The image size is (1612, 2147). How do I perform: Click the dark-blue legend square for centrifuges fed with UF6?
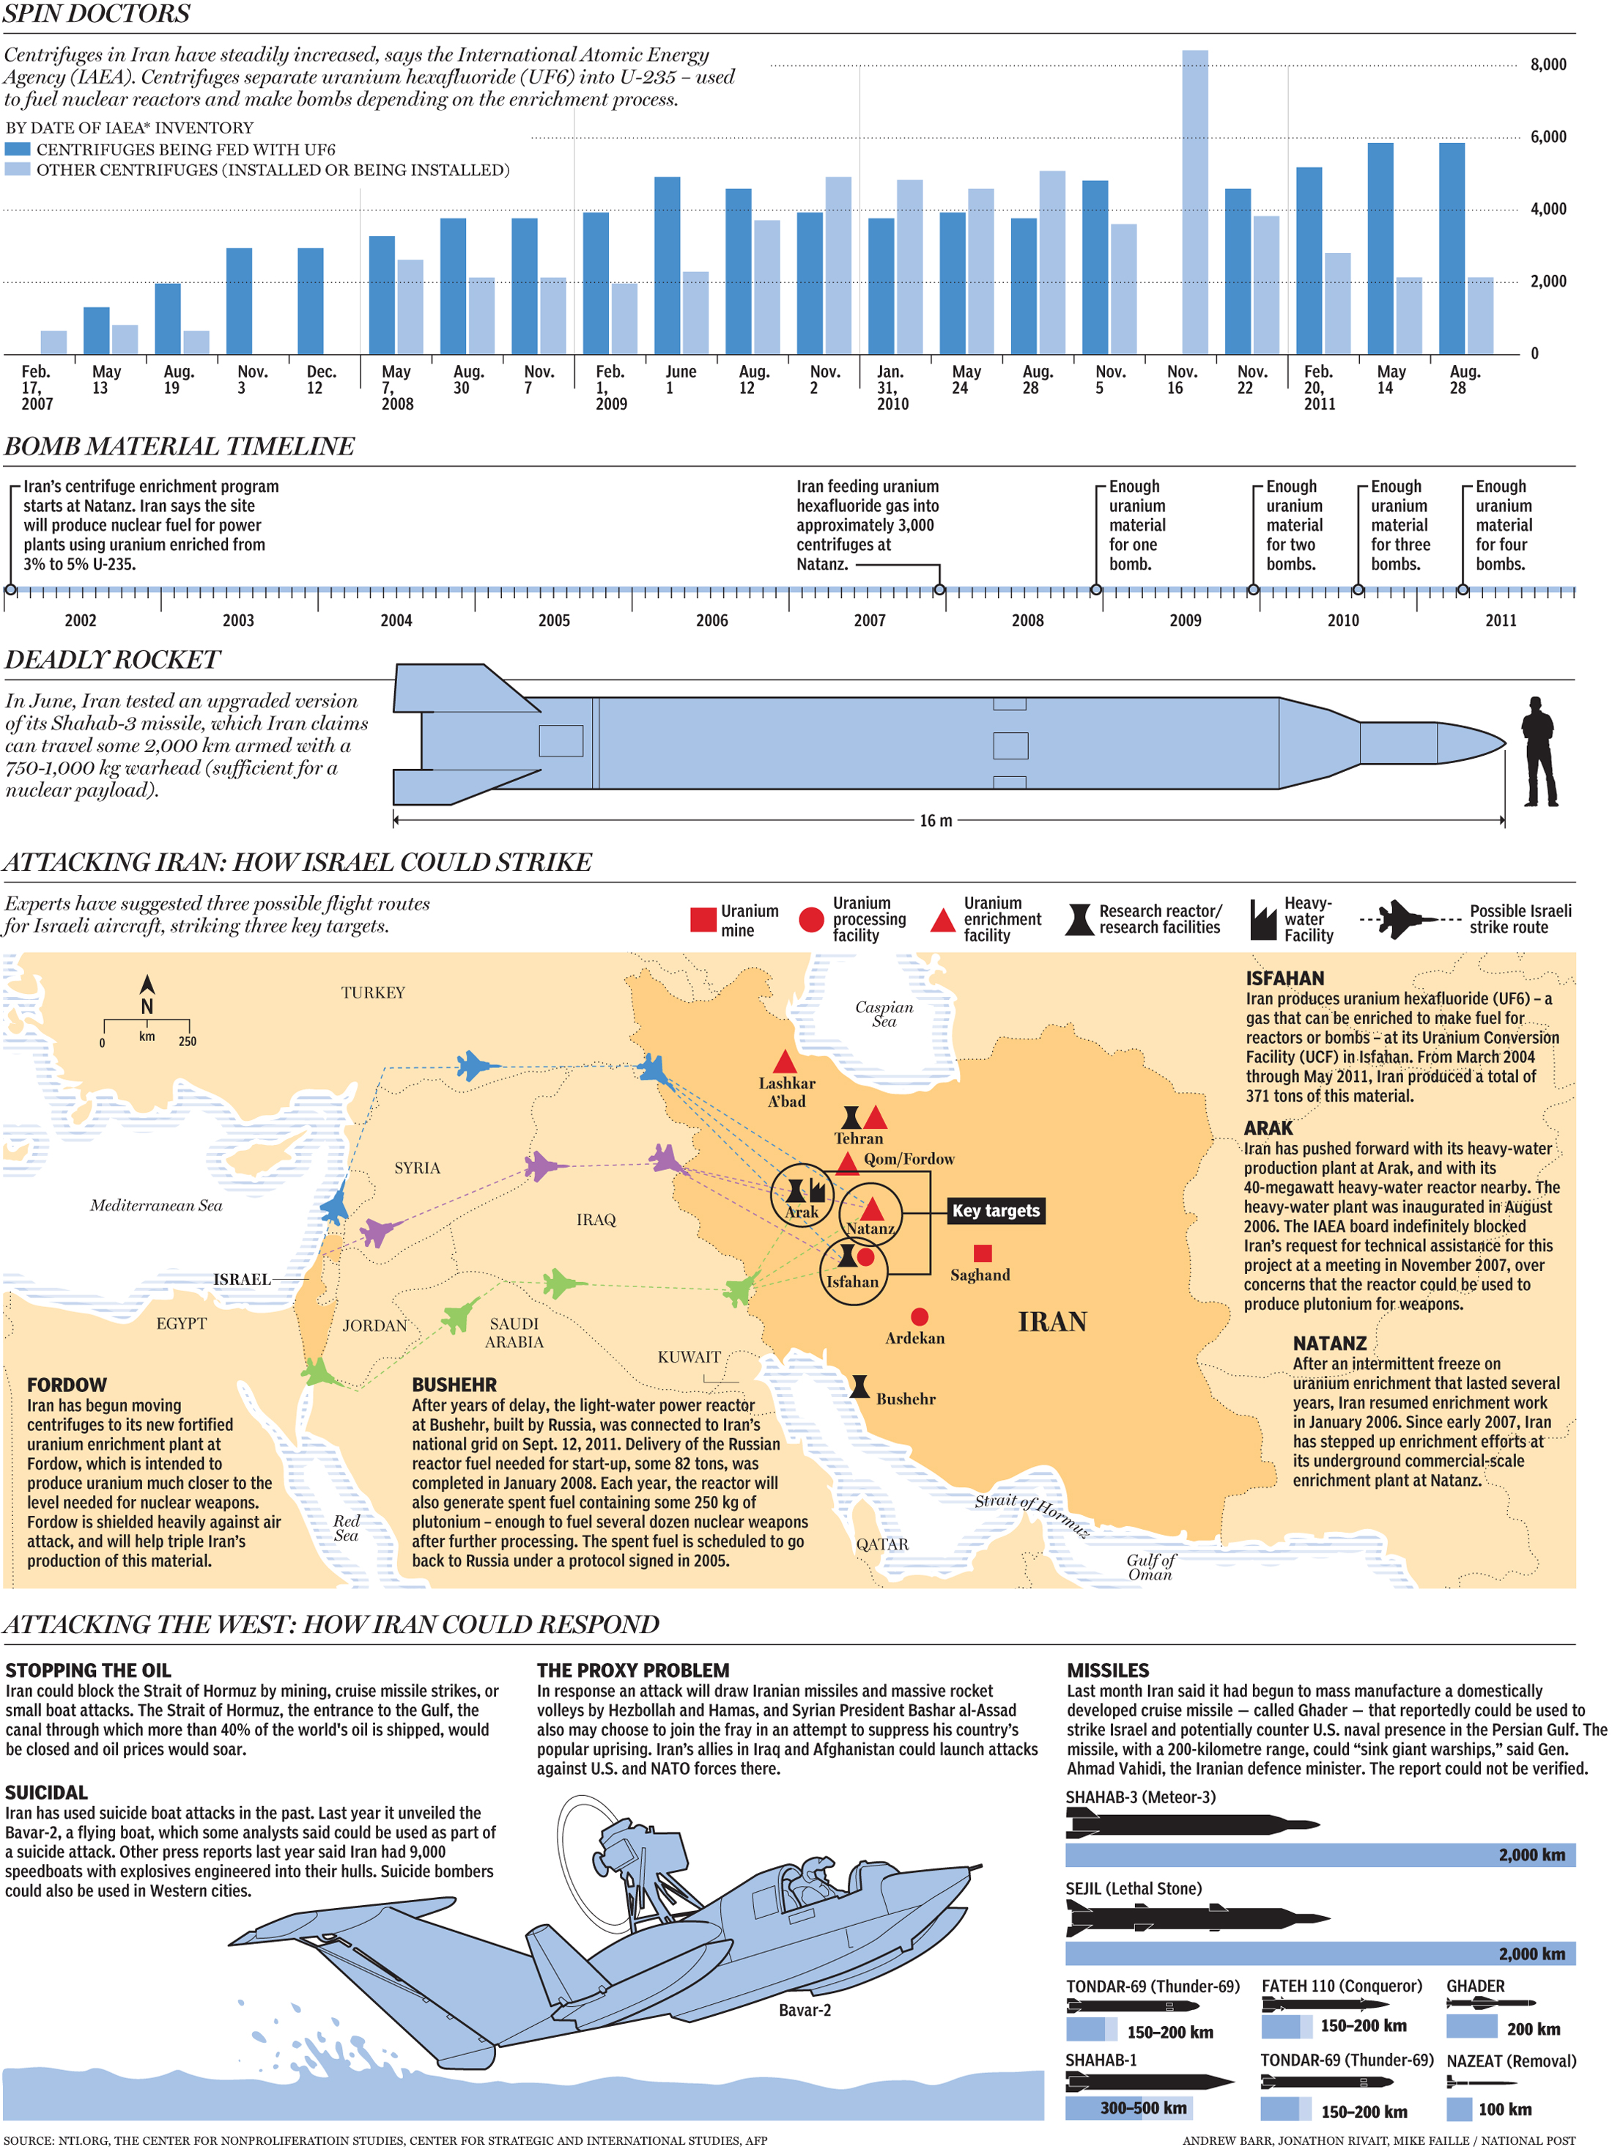18,150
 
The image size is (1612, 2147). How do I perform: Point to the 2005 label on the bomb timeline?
554,620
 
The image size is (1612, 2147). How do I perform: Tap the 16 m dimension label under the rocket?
936,821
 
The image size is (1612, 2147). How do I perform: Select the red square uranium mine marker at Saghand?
982,1253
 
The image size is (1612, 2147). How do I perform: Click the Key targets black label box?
996,1210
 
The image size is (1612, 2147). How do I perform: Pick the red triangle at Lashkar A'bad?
785,1061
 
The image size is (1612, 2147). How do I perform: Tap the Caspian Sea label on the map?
883,1013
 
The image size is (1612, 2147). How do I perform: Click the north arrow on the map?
147,986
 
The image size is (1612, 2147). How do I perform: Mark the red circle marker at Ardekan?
919,1316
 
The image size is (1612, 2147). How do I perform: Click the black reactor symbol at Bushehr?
859,1386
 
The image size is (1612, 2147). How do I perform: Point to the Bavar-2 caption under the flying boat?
805,2010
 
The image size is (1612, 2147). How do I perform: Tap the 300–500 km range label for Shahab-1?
1143,2107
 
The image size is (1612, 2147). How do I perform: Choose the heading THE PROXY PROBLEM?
633,1670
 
